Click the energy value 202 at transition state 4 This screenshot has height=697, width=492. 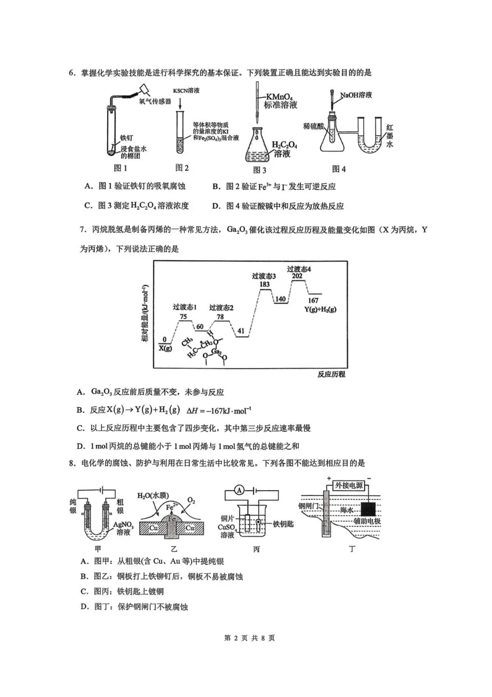(297, 276)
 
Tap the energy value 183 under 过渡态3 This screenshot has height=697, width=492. (264, 284)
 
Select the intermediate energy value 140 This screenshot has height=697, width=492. (280, 299)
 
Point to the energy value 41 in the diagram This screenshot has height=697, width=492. (241, 331)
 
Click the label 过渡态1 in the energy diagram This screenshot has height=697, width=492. (184, 307)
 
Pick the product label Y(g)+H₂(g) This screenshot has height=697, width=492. (320, 309)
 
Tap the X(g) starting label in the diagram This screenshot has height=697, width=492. (165, 348)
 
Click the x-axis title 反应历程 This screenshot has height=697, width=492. (331, 374)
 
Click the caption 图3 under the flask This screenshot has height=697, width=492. (259, 170)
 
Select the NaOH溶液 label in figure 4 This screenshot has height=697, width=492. (356, 95)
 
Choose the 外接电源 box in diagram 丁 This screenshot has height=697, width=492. (349, 486)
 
